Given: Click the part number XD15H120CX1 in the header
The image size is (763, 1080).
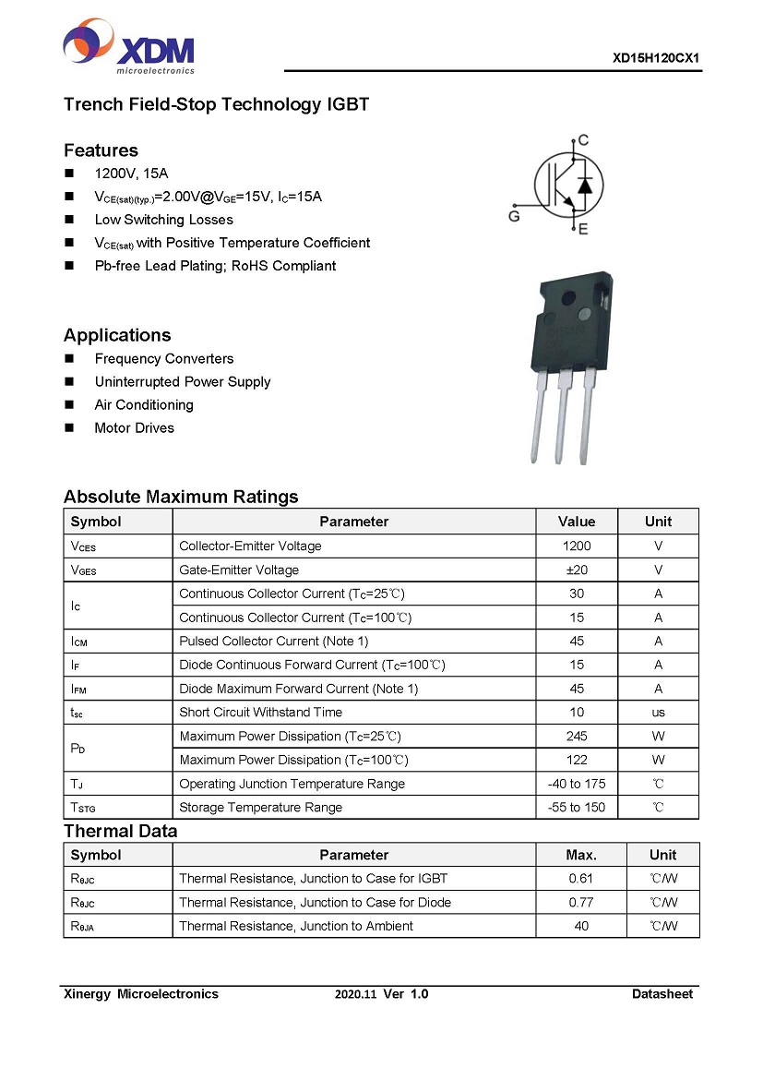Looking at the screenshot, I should (656, 57).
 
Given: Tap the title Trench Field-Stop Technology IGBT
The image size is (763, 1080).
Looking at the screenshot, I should (216, 104).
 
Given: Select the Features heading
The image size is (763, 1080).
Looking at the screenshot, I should (101, 150).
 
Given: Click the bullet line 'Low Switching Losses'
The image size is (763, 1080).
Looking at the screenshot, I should (163, 220).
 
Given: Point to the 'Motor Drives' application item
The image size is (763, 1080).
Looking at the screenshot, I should (134, 428).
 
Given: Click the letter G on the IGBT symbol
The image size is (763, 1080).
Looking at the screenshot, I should (514, 216).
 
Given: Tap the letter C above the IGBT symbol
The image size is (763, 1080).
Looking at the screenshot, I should (583, 140).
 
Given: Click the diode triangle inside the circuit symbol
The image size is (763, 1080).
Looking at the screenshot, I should (585, 185).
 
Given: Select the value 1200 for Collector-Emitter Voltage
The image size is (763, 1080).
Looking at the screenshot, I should (577, 546).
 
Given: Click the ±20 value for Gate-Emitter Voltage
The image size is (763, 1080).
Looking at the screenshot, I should (577, 570).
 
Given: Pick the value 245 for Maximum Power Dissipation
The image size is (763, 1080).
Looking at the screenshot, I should (577, 737).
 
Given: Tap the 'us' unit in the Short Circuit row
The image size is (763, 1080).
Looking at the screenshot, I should (658, 713).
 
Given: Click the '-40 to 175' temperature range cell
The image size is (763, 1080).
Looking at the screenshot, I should (577, 784).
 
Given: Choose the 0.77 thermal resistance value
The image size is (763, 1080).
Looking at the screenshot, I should (581, 903).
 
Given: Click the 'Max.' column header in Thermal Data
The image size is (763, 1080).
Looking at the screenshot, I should (581, 855).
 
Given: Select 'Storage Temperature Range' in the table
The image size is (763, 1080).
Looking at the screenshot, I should (260, 808).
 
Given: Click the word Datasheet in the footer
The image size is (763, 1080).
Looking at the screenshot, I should (662, 994).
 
